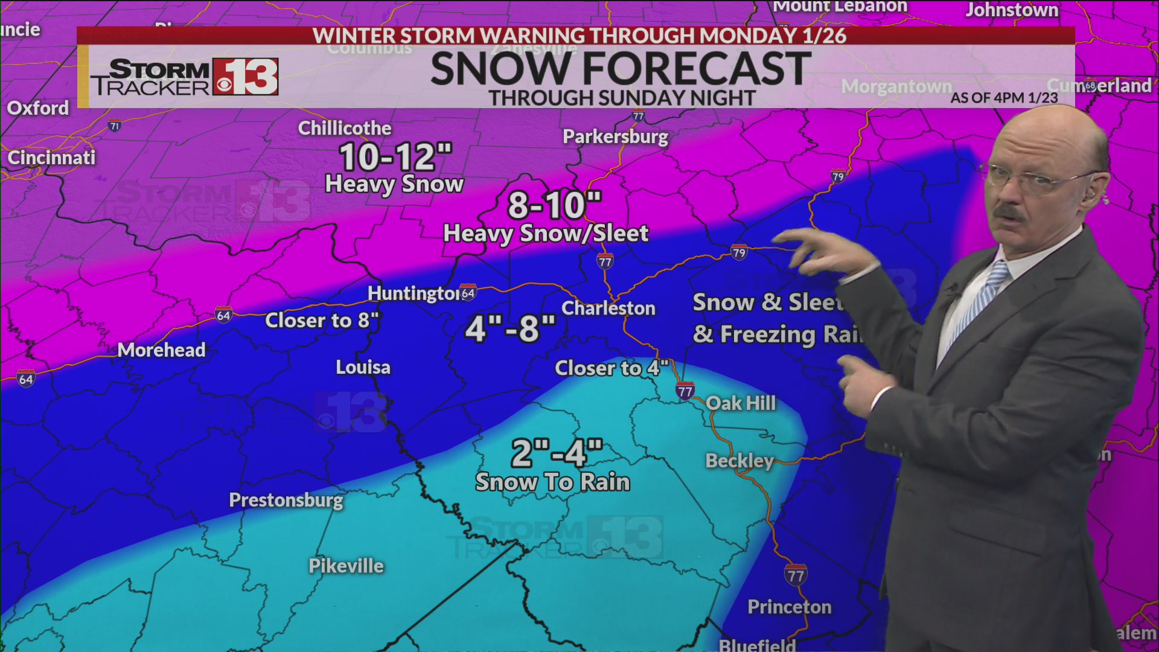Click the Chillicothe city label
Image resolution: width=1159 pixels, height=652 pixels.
pos(345,129)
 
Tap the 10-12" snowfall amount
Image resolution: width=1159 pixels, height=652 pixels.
pos(395,158)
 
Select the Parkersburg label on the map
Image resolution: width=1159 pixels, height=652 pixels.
pos(615,137)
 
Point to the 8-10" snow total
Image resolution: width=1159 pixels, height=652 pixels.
pos(554,205)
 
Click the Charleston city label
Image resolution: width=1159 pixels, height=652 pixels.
pos(608,308)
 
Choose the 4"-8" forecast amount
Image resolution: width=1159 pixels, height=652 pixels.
pos(511,329)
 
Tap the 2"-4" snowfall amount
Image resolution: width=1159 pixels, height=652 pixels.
pos(557,453)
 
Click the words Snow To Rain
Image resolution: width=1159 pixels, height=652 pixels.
pos(552,482)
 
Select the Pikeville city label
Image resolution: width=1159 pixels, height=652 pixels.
pos(346,566)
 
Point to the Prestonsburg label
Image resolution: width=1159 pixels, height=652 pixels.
pos(286,500)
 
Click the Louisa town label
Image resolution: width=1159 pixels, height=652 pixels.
pos(363,368)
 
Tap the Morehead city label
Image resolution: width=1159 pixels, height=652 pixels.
pos(161,350)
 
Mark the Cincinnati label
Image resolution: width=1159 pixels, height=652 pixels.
pos(51,158)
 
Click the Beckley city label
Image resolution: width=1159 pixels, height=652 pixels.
pos(739,461)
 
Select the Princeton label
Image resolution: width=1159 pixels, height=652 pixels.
pos(789,607)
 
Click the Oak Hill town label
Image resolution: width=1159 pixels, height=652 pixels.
pos(741,403)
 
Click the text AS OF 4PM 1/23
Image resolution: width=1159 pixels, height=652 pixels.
pos(1004,98)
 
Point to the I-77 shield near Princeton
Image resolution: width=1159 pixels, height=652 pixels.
pos(796,575)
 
